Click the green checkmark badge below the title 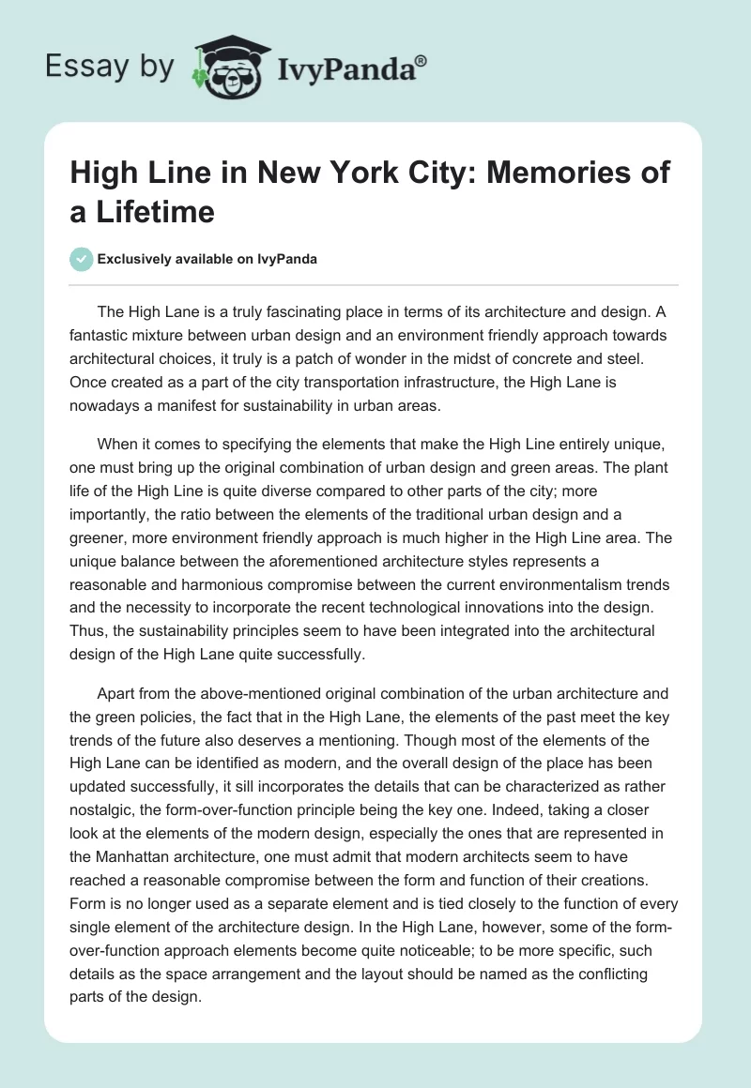point(82,259)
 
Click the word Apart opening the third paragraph point(116,694)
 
